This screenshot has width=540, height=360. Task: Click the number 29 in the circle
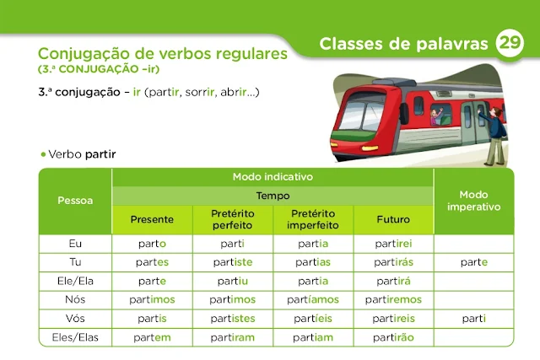(x=510, y=43)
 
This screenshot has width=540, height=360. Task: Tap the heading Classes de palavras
(x=404, y=44)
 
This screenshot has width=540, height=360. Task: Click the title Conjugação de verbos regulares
(x=163, y=52)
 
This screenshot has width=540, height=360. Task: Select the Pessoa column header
(x=75, y=201)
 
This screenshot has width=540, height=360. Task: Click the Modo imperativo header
(x=473, y=200)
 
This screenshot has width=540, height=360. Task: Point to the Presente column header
(x=152, y=219)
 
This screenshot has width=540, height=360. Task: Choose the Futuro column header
(x=393, y=219)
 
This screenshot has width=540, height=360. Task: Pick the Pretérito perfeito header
(x=232, y=219)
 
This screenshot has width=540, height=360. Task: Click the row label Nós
(x=75, y=299)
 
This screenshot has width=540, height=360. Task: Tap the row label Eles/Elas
(x=75, y=337)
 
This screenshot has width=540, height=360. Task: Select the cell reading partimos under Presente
(x=152, y=299)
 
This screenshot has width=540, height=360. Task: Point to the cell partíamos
(x=313, y=299)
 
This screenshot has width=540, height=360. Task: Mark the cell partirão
(x=393, y=337)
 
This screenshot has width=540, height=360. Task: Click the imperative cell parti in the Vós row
(x=473, y=319)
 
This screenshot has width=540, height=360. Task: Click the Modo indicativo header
(x=273, y=177)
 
